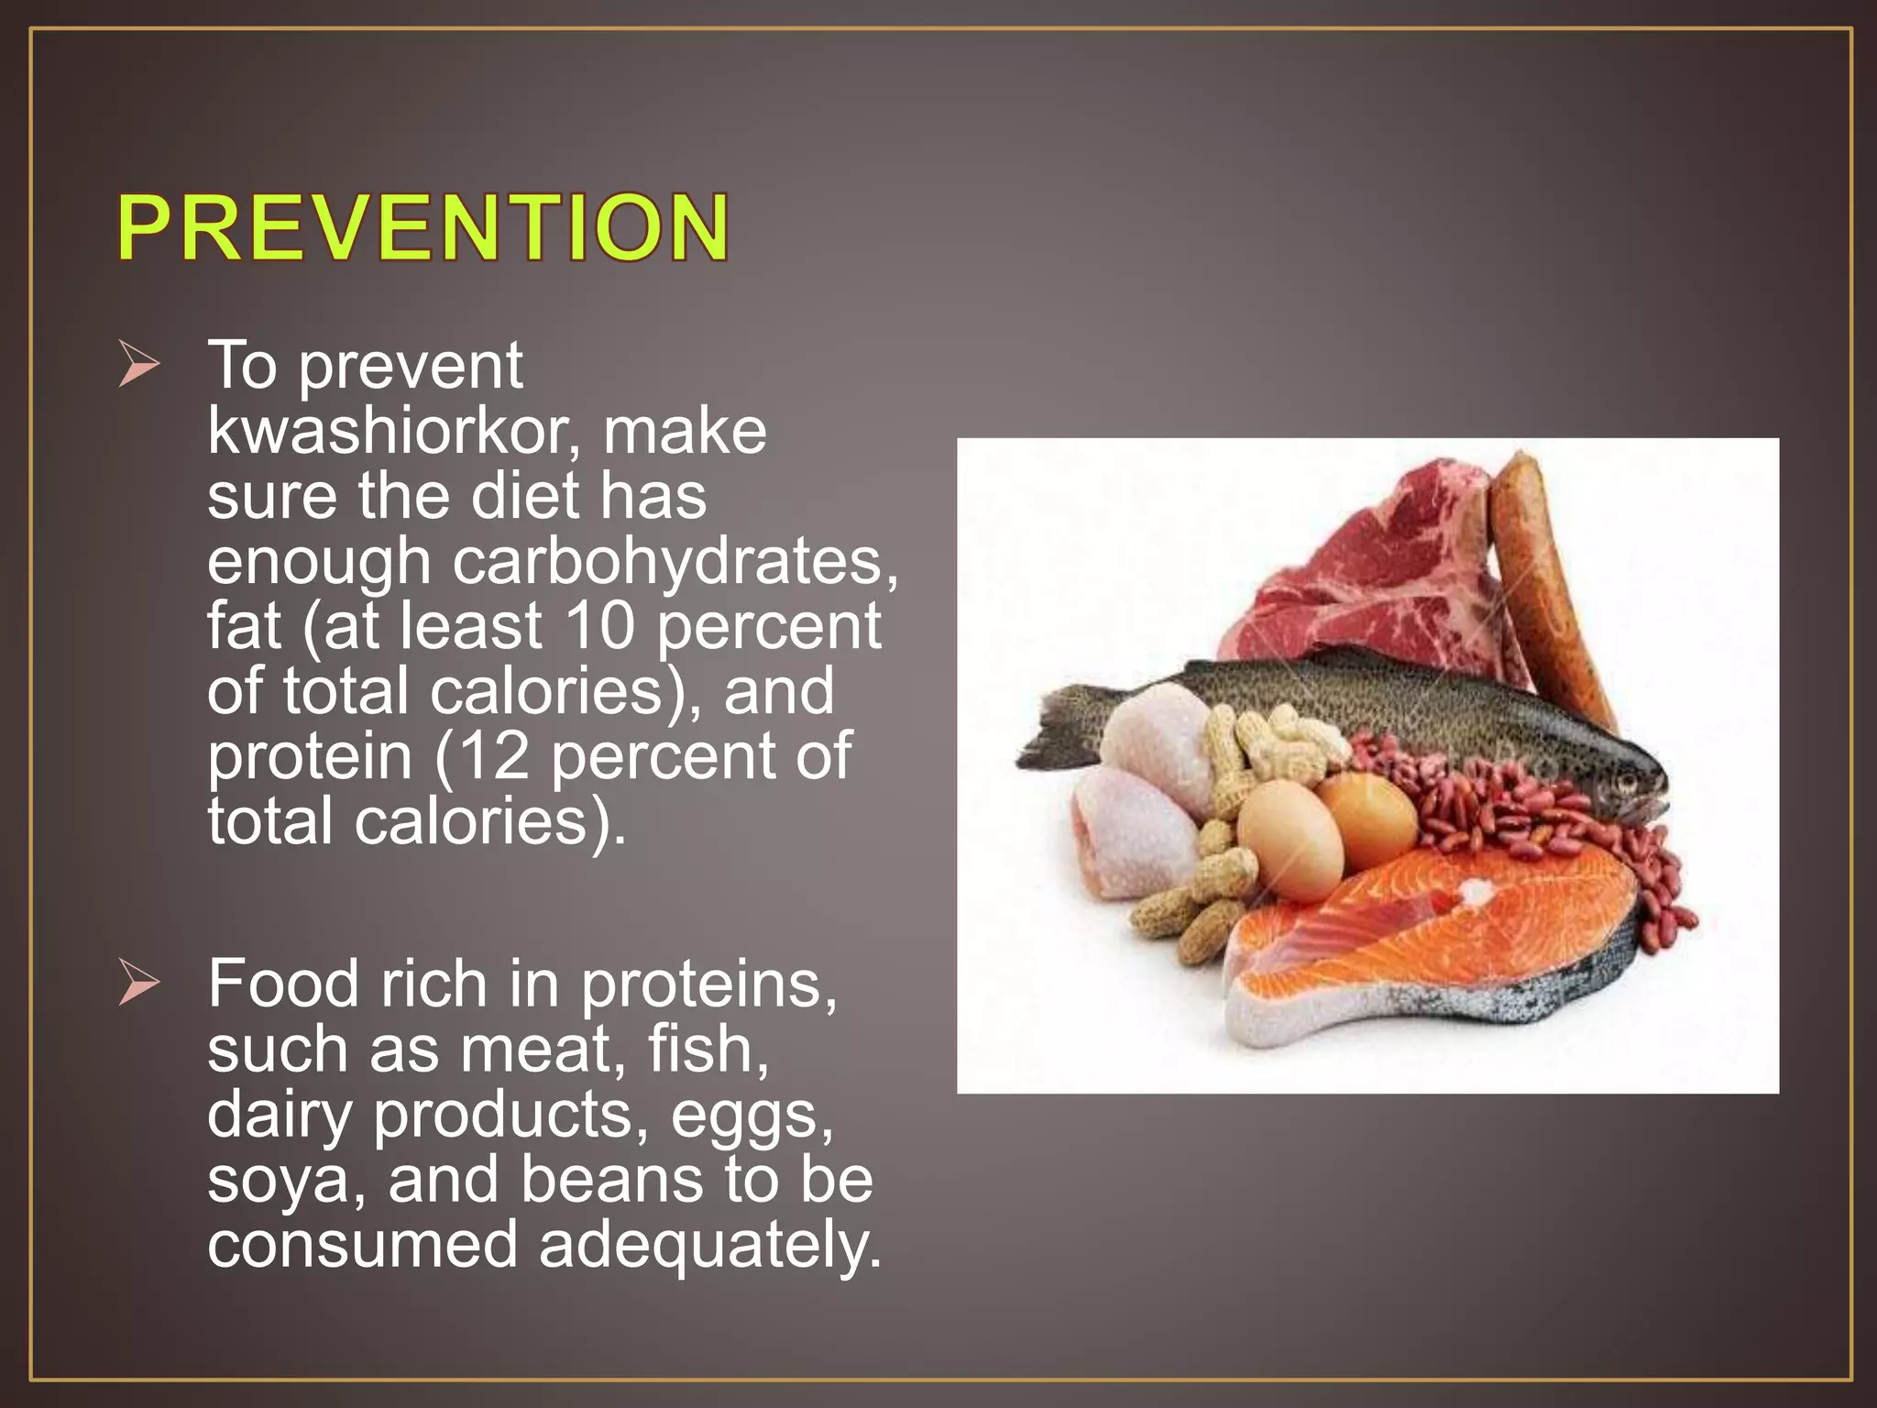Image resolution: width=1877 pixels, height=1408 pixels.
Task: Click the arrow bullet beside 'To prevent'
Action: click(138, 368)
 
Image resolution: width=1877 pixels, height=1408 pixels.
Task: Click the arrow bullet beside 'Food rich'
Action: click(138, 985)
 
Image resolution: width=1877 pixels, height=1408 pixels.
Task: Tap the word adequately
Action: click(709, 1245)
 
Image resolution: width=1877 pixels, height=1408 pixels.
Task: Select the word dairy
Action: click(280, 1116)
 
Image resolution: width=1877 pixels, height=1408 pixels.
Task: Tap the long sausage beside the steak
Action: click(1549, 587)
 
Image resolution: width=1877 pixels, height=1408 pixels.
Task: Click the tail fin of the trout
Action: click(1054, 733)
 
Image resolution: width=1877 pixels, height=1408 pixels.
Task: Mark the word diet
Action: click(523, 496)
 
